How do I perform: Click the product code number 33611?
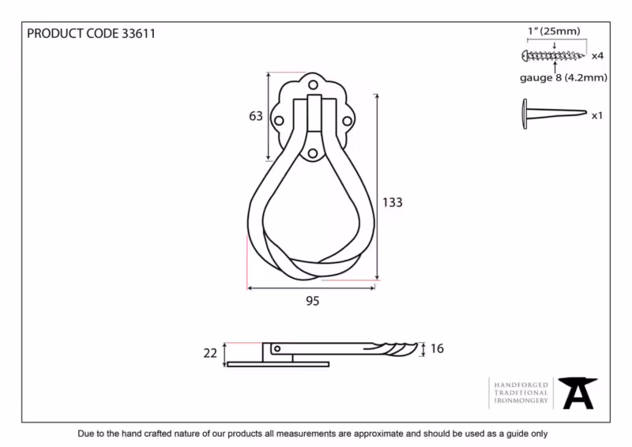[138, 33]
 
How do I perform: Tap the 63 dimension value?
[255, 116]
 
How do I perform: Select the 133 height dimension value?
[392, 202]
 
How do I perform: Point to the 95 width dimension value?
[312, 301]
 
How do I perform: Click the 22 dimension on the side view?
[210, 354]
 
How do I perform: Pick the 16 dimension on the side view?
[437, 348]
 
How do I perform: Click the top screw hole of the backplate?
[313, 85]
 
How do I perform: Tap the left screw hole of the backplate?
[279, 121]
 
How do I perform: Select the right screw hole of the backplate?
[347, 121]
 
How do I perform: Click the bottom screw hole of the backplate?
[312, 153]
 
